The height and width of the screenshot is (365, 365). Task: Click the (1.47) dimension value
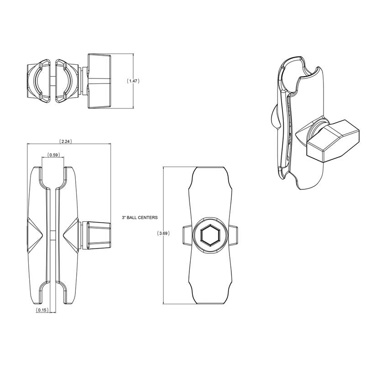click(133, 81)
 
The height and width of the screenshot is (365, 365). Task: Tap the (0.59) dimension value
click(53, 155)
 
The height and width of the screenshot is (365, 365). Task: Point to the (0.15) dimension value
click(42, 310)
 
